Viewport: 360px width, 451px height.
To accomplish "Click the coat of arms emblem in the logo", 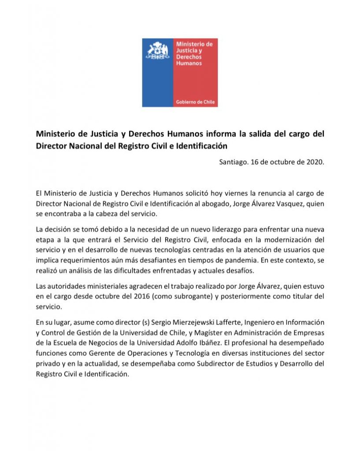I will point(158,52).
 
